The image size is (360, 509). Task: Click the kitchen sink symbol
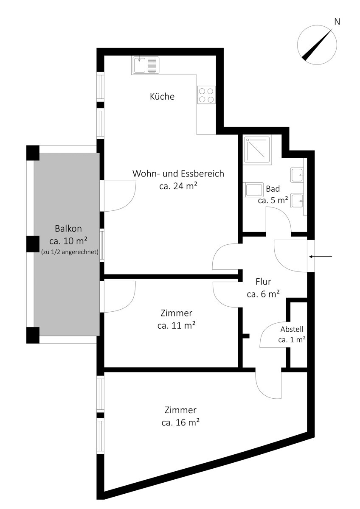[x=145, y=65]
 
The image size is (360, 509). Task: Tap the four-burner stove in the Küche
[x=206, y=95]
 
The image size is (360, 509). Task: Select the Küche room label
[x=162, y=96]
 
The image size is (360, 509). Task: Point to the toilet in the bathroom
[x=253, y=190]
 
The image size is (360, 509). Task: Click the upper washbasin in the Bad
[x=297, y=175]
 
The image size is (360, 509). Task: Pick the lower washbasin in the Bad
[x=297, y=201]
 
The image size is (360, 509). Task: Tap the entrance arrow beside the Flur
[x=321, y=257]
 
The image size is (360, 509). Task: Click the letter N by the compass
[x=337, y=22]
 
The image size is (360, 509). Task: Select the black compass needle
[x=317, y=45]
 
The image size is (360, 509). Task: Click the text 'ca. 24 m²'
[x=178, y=186]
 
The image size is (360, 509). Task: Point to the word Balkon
[x=68, y=228]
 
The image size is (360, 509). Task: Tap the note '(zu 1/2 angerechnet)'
[x=70, y=252]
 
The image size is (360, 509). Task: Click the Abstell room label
[x=292, y=329]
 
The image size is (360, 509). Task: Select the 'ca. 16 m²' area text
[x=180, y=422]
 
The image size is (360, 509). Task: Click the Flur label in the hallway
[x=263, y=282]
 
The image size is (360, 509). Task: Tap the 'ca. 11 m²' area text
[x=177, y=326]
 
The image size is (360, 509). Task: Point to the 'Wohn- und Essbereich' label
[x=178, y=173]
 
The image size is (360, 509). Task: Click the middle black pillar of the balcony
[x=33, y=244]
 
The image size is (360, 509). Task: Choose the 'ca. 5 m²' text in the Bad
[x=273, y=200]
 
